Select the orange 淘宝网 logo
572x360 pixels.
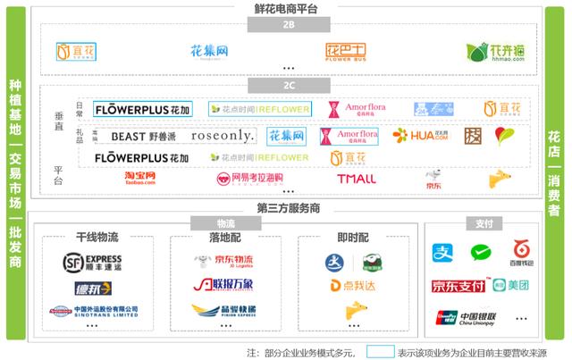coord(140,179)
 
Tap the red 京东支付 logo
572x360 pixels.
coord(458,286)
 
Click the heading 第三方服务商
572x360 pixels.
coord(285,208)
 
